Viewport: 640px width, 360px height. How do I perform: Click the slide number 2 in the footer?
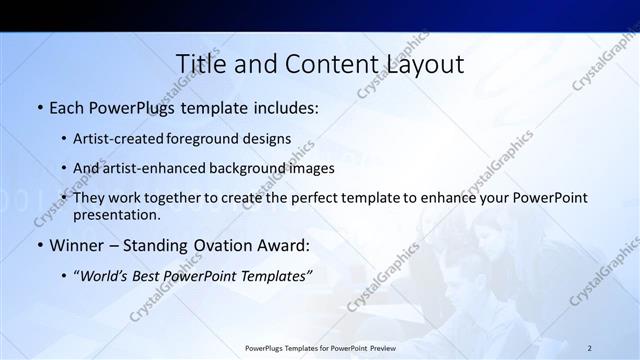(x=590, y=348)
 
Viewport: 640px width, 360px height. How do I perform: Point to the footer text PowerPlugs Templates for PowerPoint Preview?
(x=320, y=348)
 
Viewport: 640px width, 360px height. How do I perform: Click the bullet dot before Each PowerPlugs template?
(x=39, y=107)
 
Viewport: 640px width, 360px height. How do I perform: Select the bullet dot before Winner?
(x=39, y=245)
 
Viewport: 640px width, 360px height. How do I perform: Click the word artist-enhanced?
(x=154, y=169)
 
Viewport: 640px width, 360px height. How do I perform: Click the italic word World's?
(x=103, y=275)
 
